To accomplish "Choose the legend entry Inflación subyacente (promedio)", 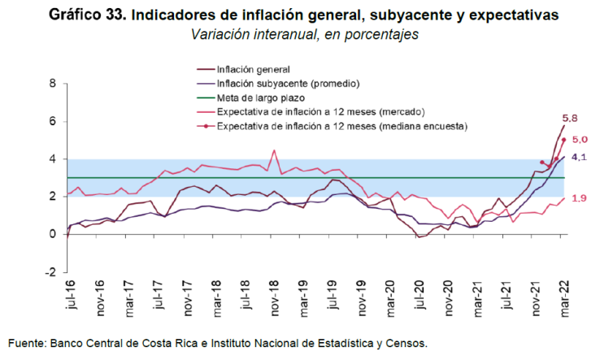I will pos(288,84).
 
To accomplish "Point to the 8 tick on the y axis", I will pos(54,84).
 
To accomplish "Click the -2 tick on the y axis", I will pos(51,272).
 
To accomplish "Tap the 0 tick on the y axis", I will pos(54,235).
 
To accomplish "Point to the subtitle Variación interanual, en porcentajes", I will pos(304,35).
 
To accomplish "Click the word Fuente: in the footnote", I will pos(30,342).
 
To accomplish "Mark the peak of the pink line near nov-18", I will pos(274,150).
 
